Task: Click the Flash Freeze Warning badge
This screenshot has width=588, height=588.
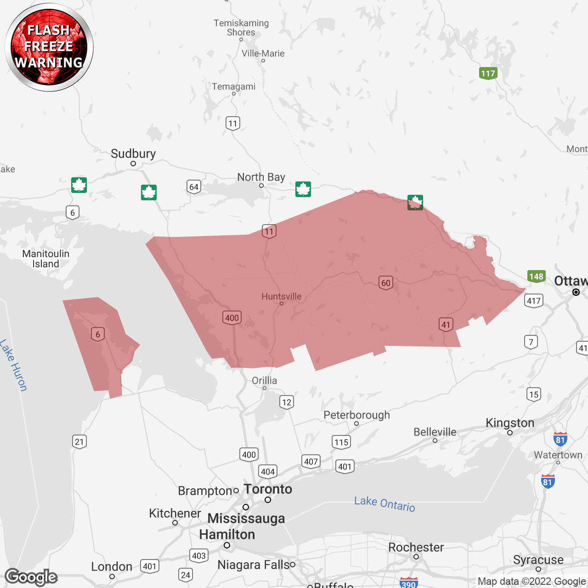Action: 49,47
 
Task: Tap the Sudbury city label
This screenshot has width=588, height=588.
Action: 133,154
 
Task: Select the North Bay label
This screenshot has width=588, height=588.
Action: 261,177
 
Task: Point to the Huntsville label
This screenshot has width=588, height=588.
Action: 282,296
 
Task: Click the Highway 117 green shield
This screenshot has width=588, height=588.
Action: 488,73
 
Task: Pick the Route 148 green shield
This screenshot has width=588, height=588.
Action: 536,277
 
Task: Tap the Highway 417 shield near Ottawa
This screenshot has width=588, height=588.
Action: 533,301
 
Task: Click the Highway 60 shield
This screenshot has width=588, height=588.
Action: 386,283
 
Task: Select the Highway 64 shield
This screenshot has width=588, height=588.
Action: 194,187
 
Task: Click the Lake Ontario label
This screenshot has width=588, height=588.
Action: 384,504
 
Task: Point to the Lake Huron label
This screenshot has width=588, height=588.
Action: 13,365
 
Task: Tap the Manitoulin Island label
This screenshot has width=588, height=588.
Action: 45,259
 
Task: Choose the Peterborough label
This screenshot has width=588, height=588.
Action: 356,415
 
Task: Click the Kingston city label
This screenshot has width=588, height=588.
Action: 510,423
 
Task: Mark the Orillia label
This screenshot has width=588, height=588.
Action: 265,380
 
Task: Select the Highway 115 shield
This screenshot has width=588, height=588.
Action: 341,442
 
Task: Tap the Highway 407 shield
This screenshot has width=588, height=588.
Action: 311,462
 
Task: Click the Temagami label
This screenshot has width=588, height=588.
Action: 233,86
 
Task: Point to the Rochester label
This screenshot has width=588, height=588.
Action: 416,548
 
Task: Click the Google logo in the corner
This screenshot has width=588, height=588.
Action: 31,577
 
